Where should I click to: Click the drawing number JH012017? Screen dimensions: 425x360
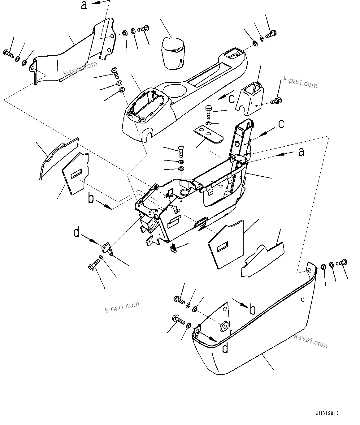pyautogui.click(x=327, y=413)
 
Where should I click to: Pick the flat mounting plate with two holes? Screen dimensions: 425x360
pyautogui.click(x=208, y=133)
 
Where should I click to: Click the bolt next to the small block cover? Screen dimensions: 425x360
pyautogui.click(x=276, y=100)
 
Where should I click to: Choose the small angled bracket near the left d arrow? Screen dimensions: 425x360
pyautogui.click(x=106, y=249)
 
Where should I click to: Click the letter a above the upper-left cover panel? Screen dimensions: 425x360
pyautogui.click(x=84, y=5)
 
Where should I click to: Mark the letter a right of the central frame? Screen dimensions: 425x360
pyautogui.click(x=301, y=152)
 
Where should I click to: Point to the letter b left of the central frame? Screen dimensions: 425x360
pyautogui.click(x=91, y=199)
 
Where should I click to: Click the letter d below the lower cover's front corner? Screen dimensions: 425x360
pyautogui.click(x=225, y=349)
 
